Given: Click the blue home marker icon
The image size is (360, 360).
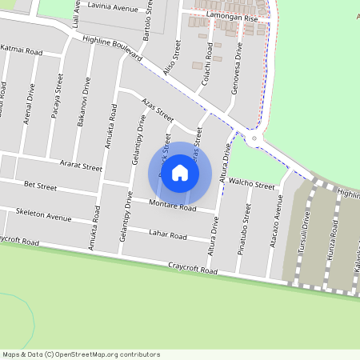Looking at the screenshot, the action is (180, 173).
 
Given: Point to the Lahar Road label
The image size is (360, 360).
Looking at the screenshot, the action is (167, 235).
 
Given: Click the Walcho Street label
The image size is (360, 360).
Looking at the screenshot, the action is (251, 183).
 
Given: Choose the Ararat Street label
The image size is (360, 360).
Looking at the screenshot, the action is (81, 167).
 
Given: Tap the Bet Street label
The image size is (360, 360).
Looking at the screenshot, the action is (40, 186).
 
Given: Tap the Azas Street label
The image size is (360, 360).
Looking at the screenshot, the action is (157, 108).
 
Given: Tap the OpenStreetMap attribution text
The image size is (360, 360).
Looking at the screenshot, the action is (81, 354).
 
